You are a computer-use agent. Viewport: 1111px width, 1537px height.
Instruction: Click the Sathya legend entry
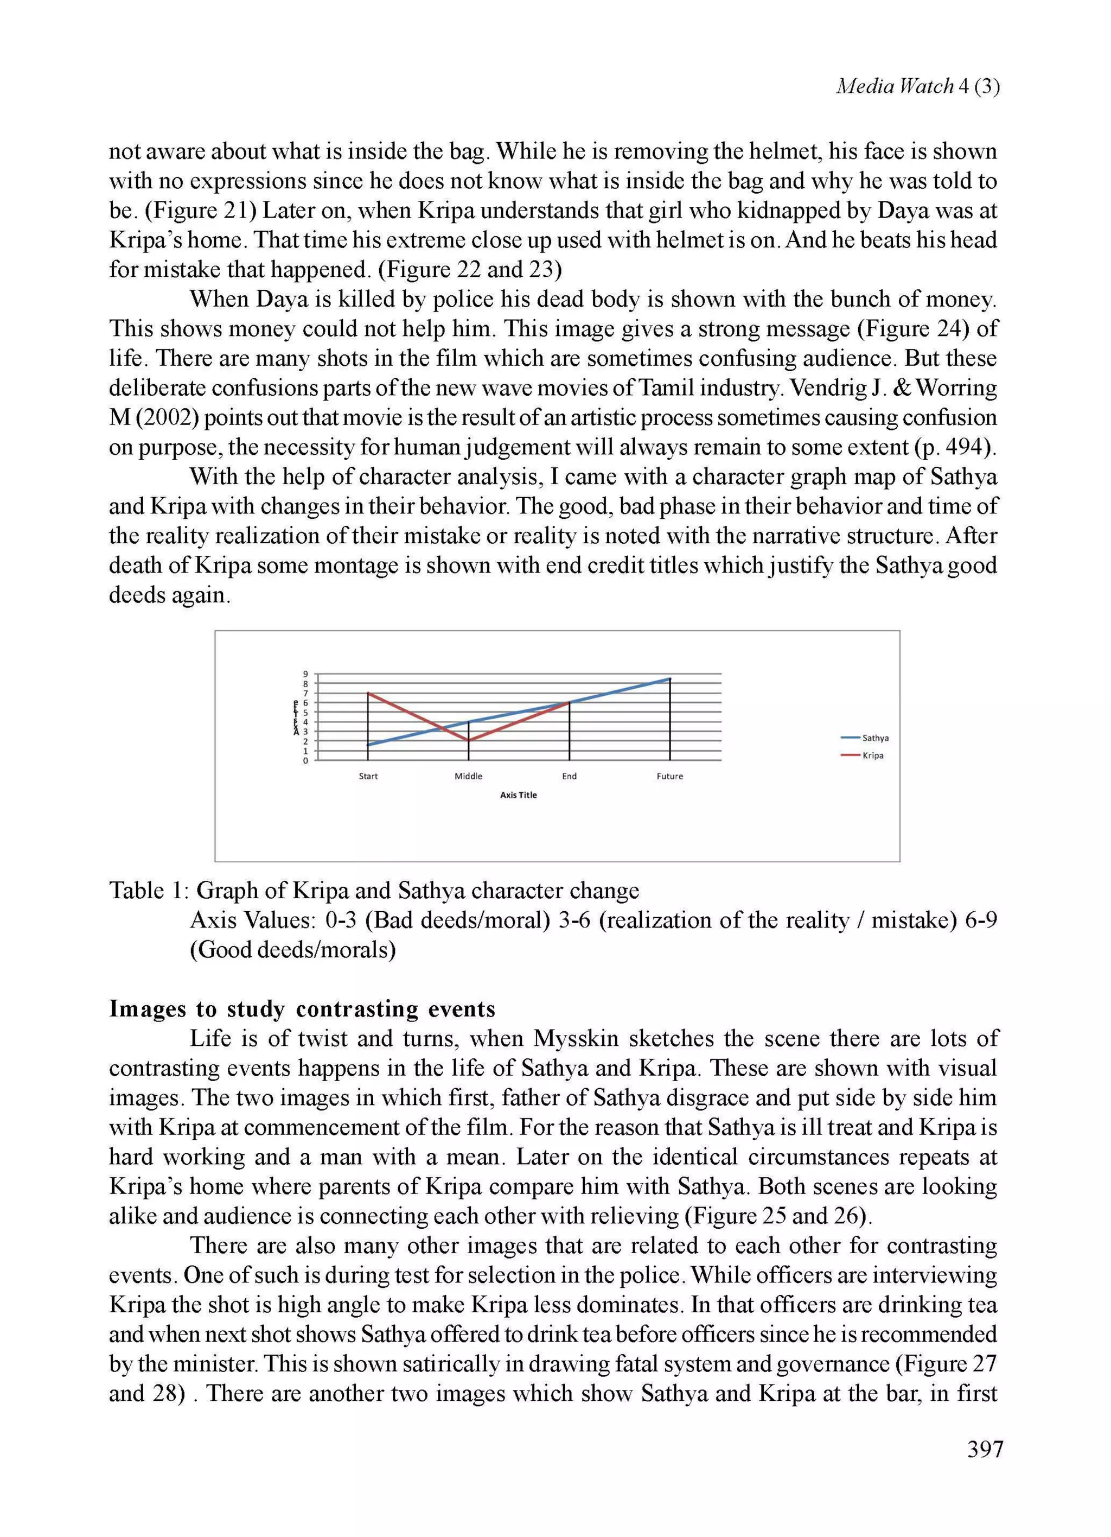pyautogui.click(x=874, y=738)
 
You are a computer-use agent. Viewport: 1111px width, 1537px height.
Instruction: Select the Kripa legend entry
pyautogui.click(x=872, y=755)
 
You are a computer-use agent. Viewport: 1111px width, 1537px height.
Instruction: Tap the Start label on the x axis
pyautogui.click(x=368, y=776)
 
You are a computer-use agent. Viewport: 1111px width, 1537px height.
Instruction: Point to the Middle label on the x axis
pyautogui.click(x=468, y=776)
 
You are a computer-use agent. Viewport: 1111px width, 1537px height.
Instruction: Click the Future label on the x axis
pyautogui.click(x=669, y=776)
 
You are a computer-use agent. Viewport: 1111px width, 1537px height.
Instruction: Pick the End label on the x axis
pyautogui.click(x=569, y=776)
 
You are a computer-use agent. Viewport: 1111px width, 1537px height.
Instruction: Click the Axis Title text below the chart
pyautogui.click(x=518, y=795)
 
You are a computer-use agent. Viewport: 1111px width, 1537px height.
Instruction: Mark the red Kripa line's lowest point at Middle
pyautogui.click(x=469, y=741)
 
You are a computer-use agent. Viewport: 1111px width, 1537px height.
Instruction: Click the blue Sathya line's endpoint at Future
pyautogui.click(x=670, y=678)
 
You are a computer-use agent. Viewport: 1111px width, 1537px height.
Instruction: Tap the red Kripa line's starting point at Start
pyautogui.click(x=368, y=693)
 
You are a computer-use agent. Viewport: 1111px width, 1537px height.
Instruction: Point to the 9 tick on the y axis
pyautogui.click(x=305, y=674)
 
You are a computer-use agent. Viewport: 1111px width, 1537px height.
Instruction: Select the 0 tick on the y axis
pyautogui.click(x=305, y=760)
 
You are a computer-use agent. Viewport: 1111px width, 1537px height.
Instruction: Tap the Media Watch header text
pyautogui.click(x=917, y=86)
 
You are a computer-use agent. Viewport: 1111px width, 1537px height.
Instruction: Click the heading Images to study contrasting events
pyautogui.click(x=302, y=1009)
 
